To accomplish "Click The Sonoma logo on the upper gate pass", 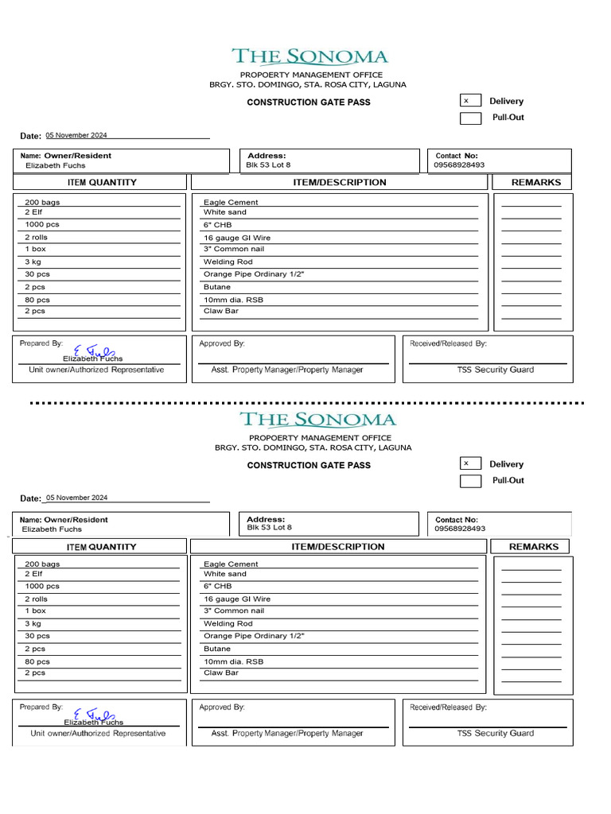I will [309, 56].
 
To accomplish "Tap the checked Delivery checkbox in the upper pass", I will [470, 101].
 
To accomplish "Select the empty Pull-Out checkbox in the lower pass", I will [470, 481].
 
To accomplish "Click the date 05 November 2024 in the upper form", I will [76, 136].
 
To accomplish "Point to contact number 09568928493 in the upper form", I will [459, 165].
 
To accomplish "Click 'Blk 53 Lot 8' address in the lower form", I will [269, 528].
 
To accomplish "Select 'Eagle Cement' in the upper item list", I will [231, 203].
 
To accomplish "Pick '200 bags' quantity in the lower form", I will [42, 564].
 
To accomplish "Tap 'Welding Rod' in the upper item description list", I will [228, 262].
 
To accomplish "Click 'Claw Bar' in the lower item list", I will [221, 673].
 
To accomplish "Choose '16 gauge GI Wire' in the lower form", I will [237, 599].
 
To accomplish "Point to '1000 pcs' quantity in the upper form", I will [42, 225].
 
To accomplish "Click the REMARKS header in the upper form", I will [535, 183].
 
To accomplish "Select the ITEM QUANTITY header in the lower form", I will [101, 547].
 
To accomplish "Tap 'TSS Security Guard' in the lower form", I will [495, 733].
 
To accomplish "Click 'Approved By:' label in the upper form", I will [222, 343].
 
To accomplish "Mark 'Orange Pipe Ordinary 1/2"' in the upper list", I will [254, 274].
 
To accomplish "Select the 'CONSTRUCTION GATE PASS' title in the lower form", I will [309, 465].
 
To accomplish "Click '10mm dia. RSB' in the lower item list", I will [233, 661].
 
